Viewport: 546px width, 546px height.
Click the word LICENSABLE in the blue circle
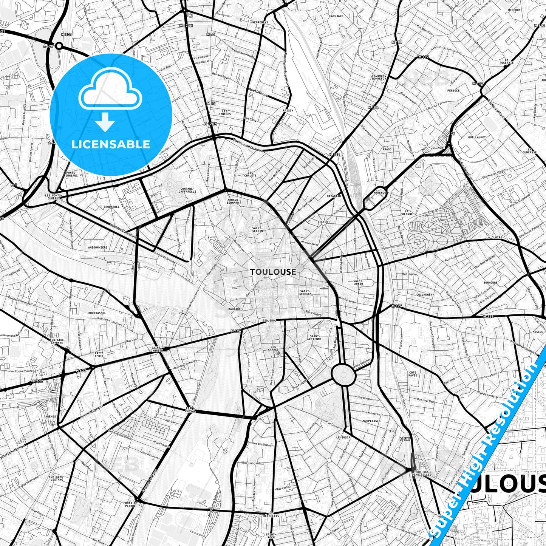coord(111,144)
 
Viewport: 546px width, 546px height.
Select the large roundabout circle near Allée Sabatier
coord(343,374)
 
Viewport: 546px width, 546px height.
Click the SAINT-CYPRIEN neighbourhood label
coord(156,349)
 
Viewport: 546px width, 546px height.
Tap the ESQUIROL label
coord(270,320)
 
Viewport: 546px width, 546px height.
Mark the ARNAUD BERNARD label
coord(233,201)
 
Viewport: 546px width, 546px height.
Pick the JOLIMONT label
coord(438,148)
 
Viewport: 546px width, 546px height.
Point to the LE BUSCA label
coord(343,437)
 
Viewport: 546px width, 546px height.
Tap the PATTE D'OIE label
coord(99,354)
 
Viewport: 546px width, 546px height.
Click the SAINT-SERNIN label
coord(258,229)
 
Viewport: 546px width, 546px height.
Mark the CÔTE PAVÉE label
coord(413,374)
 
